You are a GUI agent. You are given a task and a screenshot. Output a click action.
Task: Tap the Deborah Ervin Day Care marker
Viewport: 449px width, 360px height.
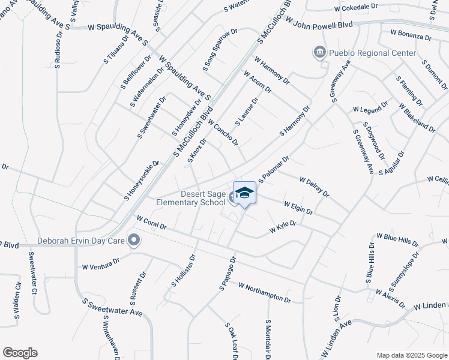click(134, 241)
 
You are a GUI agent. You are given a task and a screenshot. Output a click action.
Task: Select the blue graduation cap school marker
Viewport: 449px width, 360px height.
click(244, 193)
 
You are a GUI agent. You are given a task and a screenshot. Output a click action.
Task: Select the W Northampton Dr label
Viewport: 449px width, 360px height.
click(264, 292)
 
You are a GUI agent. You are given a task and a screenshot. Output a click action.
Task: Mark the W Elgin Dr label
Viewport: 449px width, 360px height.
click(298, 208)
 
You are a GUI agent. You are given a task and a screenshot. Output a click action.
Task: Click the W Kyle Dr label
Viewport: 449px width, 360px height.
click(283, 227)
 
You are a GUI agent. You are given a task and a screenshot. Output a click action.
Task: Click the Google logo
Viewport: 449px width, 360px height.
click(20, 353)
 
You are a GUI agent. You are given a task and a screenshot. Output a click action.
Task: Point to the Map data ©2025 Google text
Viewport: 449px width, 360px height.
click(411, 355)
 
